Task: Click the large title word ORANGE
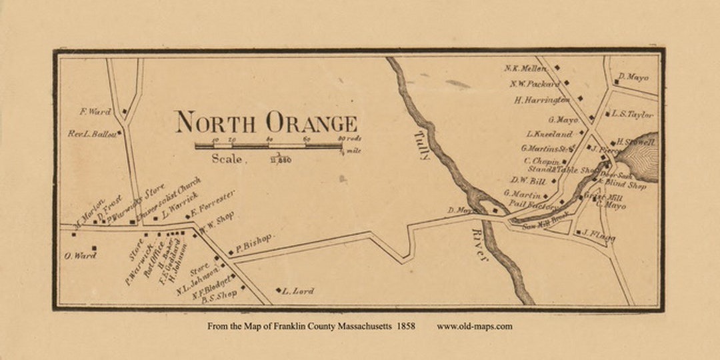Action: (x=311, y=123)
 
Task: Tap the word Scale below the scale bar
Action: (x=229, y=159)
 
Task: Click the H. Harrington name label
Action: (x=542, y=100)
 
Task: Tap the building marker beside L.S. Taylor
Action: (x=607, y=114)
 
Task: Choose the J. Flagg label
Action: (x=597, y=235)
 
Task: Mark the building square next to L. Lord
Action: (x=278, y=290)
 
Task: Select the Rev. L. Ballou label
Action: (x=92, y=134)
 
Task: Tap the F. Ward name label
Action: (x=95, y=111)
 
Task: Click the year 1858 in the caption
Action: (x=404, y=326)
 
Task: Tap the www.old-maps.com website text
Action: (x=475, y=326)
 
